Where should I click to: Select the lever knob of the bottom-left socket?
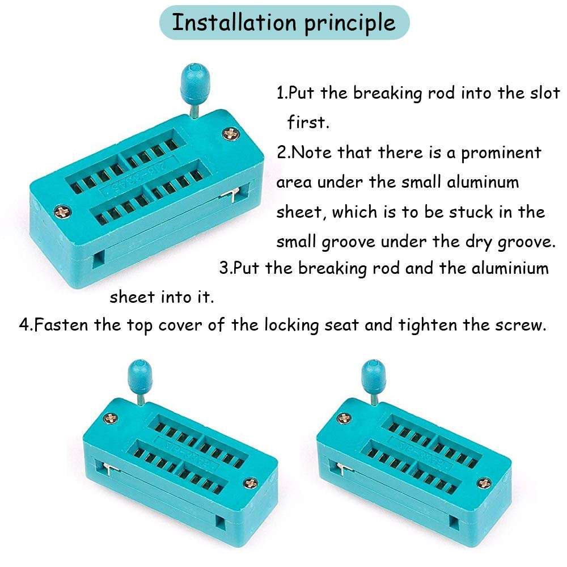point(139,373)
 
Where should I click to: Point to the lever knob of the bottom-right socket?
point(374,373)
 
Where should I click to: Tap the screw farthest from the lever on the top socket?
point(62,213)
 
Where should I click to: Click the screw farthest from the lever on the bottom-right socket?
point(485,484)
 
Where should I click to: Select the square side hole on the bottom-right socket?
point(454,521)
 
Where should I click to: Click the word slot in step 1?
point(545,93)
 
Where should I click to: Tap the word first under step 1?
point(308,122)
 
